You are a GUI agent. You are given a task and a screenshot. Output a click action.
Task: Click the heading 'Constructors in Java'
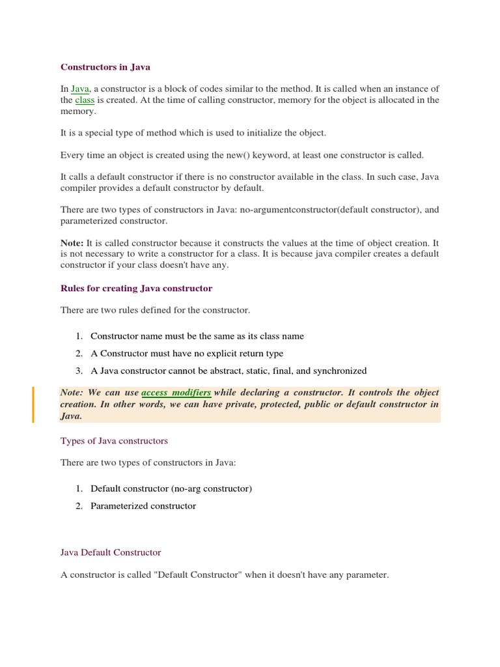pos(105,67)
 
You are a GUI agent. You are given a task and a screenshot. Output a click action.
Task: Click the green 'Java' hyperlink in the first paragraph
pos(80,89)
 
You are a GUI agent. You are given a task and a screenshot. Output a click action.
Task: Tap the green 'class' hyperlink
pos(85,100)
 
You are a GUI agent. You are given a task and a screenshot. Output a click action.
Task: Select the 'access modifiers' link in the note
pos(176,393)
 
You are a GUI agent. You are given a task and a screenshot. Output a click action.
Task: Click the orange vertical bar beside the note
pos(33,404)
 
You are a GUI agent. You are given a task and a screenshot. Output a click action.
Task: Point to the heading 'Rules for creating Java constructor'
pos(136,288)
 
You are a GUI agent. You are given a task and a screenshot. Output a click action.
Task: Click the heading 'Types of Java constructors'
pos(114,441)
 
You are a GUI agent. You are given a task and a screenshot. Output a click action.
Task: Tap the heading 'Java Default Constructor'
pos(111,552)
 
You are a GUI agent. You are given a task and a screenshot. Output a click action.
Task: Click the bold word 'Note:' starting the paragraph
pos(72,242)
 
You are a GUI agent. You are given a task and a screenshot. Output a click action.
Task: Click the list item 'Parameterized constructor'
pos(143,506)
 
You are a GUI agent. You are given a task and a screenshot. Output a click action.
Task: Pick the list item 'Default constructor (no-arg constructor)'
pos(171,489)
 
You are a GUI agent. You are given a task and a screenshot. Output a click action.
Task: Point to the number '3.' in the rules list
pos(79,371)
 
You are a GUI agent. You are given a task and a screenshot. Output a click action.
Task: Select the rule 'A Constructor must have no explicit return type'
pos(187,354)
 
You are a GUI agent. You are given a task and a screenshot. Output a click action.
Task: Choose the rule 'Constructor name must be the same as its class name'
pos(197,336)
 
